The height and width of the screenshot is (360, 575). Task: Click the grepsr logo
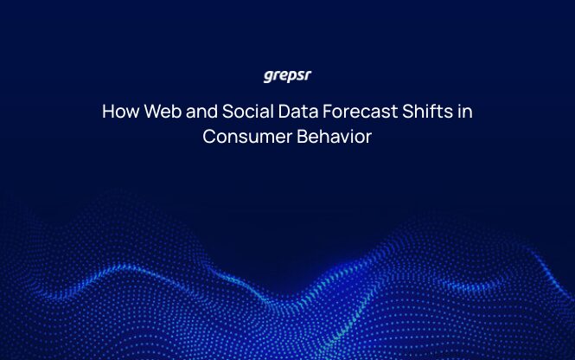click(287, 75)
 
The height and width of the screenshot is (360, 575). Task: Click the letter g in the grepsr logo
click(268, 76)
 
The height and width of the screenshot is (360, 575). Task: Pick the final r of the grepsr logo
click(307, 75)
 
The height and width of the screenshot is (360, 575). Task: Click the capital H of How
click(107, 112)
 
